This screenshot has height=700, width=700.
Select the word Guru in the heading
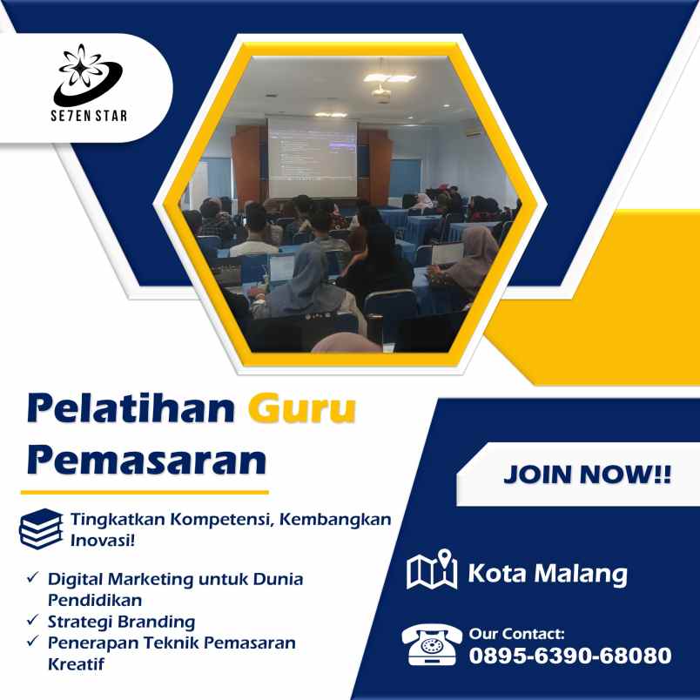(301, 408)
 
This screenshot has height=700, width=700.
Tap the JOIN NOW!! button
(587, 475)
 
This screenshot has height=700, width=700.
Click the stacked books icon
(41, 528)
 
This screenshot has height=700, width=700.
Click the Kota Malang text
(548, 574)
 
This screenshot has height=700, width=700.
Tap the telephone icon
(431, 645)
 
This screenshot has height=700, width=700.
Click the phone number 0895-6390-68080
(570, 656)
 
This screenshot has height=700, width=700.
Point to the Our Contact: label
(516, 634)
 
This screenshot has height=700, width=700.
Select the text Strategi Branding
(122, 622)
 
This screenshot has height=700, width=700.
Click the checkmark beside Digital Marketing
(32, 578)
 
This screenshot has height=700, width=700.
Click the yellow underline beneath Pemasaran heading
(144, 493)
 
